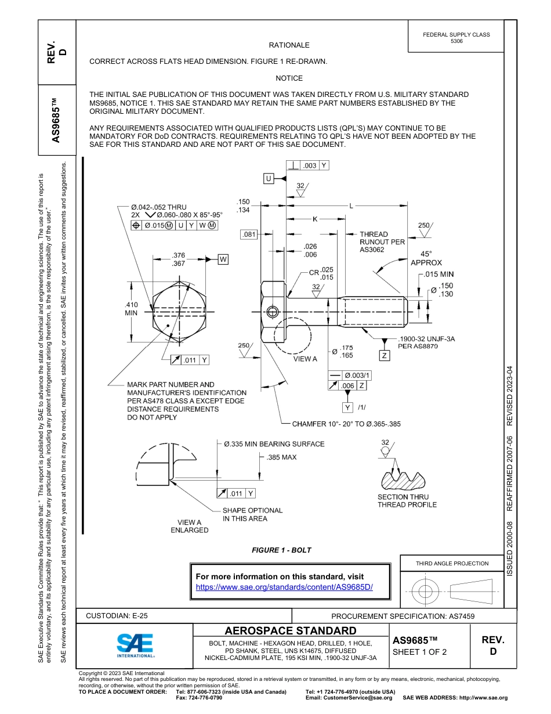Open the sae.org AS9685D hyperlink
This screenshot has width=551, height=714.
[x=284, y=587]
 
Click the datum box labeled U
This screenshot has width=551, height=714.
[x=269, y=179]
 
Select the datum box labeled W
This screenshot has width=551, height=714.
[x=223, y=259]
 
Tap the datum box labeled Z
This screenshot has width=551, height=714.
[x=384, y=355]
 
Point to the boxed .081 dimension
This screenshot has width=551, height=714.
[x=248, y=235]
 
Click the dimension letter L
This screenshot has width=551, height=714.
[x=351, y=205]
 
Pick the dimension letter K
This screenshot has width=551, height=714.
[x=315, y=219]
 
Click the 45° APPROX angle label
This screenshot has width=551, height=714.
[x=426, y=258]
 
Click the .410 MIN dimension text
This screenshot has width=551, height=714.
[x=131, y=309]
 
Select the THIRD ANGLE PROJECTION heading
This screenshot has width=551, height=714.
[x=452, y=563]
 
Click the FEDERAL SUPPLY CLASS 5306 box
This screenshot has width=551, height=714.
[x=456, y=38]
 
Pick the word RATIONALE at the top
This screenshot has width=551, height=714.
[x=289, y=45]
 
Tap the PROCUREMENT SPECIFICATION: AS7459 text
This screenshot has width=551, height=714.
[x=403, y=616]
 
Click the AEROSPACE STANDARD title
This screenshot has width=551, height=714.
[x=291, y=630]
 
